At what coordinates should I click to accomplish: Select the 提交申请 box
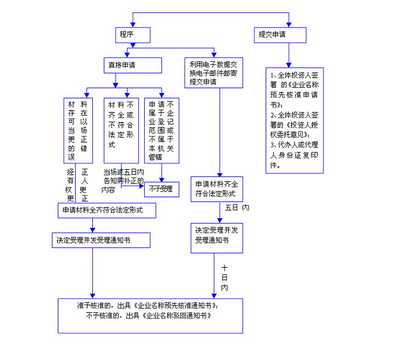click(x=279, y=35)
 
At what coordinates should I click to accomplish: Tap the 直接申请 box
click(x=133, y=65)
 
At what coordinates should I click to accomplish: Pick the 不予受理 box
click(x=161, y=189)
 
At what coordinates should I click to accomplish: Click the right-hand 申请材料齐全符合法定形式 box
click(x=217, y=189)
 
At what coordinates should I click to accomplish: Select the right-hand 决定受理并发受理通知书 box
click(x=218, y=237)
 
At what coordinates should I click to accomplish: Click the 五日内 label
click(x=237, y=209)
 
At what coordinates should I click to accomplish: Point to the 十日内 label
click(x=224, y=278)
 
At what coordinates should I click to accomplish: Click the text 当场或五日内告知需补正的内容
click(x=123, y=181)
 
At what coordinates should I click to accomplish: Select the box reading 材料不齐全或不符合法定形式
click(x=121, y=131)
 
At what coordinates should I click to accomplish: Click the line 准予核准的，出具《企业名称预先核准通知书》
click(x=151, y=305)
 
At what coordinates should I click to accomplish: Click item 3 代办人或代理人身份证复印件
click(x=294, y=155)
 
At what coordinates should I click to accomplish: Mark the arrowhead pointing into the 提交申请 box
click(x=289, y=24)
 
